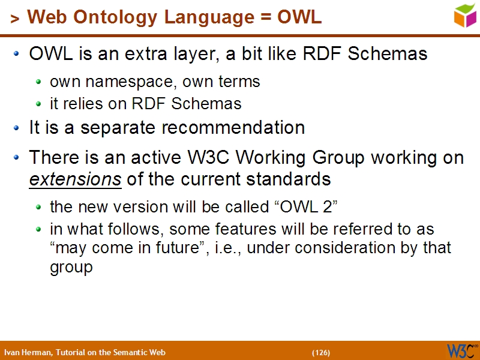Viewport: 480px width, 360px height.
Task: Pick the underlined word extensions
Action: [75, 179]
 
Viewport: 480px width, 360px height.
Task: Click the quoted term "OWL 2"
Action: [306, 207]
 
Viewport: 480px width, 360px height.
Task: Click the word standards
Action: [289, 179]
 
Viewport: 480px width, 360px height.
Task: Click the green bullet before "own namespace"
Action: [39, 82]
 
